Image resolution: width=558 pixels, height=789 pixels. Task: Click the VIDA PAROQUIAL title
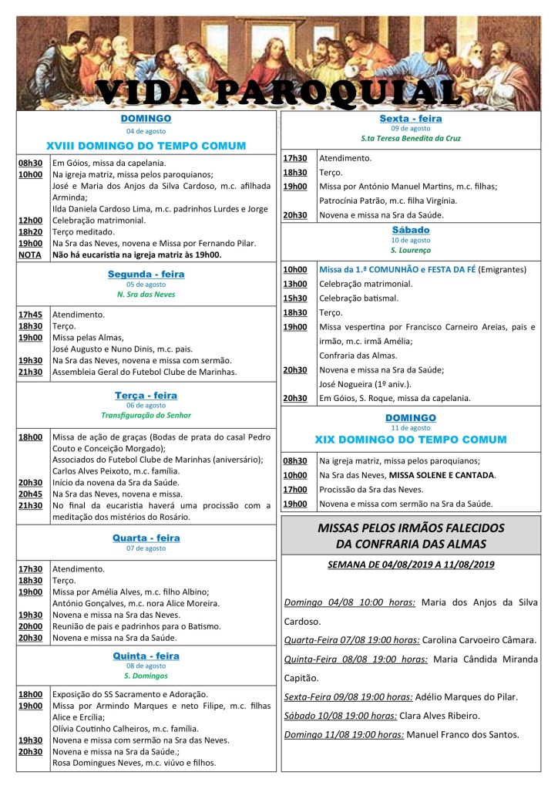(278, 92)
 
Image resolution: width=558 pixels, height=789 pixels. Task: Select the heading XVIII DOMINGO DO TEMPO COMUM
(146, 145)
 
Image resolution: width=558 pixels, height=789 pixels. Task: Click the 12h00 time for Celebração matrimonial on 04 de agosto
(30, 221)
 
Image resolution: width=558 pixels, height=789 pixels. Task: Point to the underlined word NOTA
(30, 255)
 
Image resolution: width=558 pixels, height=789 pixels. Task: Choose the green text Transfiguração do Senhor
(146, 415)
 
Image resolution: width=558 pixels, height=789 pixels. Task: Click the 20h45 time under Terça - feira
(30, 494)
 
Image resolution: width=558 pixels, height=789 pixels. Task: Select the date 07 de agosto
(146, 548)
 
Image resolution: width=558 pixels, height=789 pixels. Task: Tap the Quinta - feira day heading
(146, 656)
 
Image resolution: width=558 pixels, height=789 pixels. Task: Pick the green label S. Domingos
(146, 676)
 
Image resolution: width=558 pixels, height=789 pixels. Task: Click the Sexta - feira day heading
(410, 119)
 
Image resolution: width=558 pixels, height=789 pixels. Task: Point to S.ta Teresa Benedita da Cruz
(410, 139)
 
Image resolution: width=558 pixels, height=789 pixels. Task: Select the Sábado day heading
(410, 230)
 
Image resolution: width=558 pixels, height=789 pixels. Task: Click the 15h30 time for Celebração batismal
(294, 298)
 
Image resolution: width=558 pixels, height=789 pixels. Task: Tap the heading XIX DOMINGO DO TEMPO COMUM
(410, 440)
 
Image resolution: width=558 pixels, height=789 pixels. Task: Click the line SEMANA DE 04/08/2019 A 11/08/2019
(410, 565)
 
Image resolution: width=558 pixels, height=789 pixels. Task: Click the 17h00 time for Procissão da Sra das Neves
(294, 489)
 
